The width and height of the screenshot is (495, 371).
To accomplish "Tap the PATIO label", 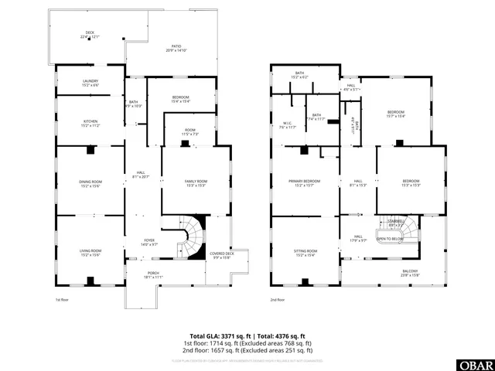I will click(x=177, y=48).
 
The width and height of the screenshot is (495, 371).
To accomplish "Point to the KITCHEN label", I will click(x=90, y=122).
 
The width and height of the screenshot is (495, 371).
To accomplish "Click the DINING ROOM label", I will click(x=90, y=183).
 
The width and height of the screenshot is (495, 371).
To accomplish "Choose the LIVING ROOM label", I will click(x=90, y=252).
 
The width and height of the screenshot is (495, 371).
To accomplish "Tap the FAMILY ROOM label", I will click(x=196, y=182).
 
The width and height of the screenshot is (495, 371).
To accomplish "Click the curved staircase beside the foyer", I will click(x=192, y=236).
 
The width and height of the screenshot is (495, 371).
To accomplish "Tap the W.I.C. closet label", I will click(x=287, y=124).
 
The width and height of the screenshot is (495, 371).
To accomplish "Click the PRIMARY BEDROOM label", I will click(x=305, y=182).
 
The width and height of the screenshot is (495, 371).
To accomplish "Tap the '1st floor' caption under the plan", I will click(x=61, y=299).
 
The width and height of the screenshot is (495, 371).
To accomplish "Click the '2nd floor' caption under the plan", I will click(x=276, y=299).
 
